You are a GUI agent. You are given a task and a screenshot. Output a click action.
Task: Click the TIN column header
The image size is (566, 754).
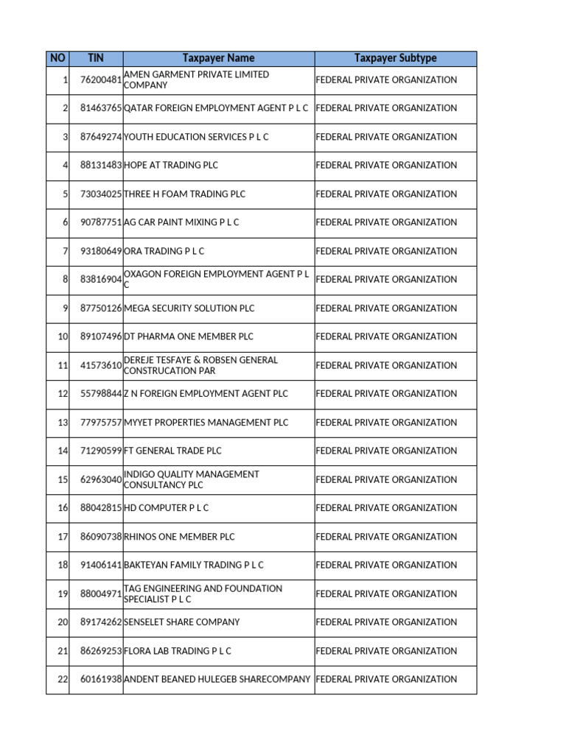click(96, 58)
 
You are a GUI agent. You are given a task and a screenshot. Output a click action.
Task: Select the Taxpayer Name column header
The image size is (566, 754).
click(218, 58)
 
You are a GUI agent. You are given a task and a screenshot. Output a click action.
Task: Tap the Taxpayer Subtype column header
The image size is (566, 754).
click(395, 58)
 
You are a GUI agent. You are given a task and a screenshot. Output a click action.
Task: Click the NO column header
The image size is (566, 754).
click(57, 58)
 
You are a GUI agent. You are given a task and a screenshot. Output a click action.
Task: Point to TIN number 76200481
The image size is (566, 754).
click(101, 80)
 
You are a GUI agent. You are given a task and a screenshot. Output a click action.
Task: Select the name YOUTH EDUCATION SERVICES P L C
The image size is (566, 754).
click(196, 137)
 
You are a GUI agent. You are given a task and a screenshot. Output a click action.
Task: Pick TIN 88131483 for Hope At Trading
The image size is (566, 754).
click(101, 166)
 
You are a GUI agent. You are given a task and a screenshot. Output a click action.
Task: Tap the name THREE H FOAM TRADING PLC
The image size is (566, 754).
click(184, 194)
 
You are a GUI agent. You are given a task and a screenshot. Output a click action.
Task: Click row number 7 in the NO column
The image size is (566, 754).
click(65, 251)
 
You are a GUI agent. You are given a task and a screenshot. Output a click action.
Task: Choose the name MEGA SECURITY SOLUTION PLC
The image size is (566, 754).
click(189, 309)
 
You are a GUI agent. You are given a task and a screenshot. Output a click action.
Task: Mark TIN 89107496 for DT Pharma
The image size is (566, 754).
click(101, 337)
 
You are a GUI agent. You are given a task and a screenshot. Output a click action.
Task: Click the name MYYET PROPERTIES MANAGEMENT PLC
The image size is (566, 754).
click(206, 423)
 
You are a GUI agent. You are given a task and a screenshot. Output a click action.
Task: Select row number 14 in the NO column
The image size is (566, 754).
click(63, 451)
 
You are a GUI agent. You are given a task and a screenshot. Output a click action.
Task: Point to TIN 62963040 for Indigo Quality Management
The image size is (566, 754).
click(101, 479)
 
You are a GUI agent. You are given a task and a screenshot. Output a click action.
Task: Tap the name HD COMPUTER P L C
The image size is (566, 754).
click(166, 508)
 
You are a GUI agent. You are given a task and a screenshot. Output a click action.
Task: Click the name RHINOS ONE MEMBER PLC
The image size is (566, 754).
click(179, 537)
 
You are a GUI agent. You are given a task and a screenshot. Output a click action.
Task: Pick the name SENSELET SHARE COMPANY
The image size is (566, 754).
click(181, 622)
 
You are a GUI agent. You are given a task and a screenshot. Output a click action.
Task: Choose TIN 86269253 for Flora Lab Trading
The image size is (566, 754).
click(101, 651)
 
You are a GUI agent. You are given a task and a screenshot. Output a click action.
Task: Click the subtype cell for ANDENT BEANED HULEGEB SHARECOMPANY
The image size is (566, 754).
click(386, 680)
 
